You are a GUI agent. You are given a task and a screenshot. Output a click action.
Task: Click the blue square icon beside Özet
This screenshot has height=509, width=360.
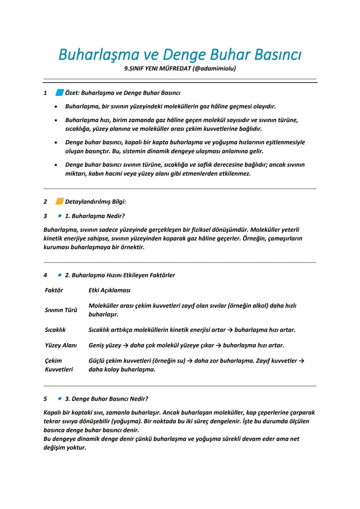[x=59, y=93]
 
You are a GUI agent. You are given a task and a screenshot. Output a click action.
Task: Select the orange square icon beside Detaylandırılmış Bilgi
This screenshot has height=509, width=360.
[x=59, y=201]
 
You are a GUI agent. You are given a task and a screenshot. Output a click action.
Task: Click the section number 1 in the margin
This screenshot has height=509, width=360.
[x=45, y=93]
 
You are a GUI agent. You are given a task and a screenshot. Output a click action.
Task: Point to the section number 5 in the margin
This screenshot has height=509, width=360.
[x=45, y=399]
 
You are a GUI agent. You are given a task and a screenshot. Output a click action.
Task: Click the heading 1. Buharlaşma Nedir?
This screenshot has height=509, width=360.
[x=95, y=216]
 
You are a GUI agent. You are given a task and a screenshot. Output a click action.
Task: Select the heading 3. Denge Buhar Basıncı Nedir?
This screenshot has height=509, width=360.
[x=106, y=399]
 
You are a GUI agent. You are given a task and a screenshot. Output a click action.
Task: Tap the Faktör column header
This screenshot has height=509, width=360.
[x=54, y=290]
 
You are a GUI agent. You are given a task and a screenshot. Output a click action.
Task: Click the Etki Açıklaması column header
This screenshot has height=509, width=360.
[x=109, y=290]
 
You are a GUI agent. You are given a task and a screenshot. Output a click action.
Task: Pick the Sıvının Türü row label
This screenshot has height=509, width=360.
[x=61, y=310]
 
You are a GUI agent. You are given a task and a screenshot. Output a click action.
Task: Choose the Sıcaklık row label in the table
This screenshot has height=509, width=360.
[x=55, y=330]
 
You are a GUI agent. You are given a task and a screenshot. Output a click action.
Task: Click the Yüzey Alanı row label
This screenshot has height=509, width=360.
[x=61, y=345]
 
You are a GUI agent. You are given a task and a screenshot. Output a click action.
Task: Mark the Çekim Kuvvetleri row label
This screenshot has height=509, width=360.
[x=59, y=365]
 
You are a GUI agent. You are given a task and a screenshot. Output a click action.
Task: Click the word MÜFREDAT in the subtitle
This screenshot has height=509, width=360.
[x=175, y=69]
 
